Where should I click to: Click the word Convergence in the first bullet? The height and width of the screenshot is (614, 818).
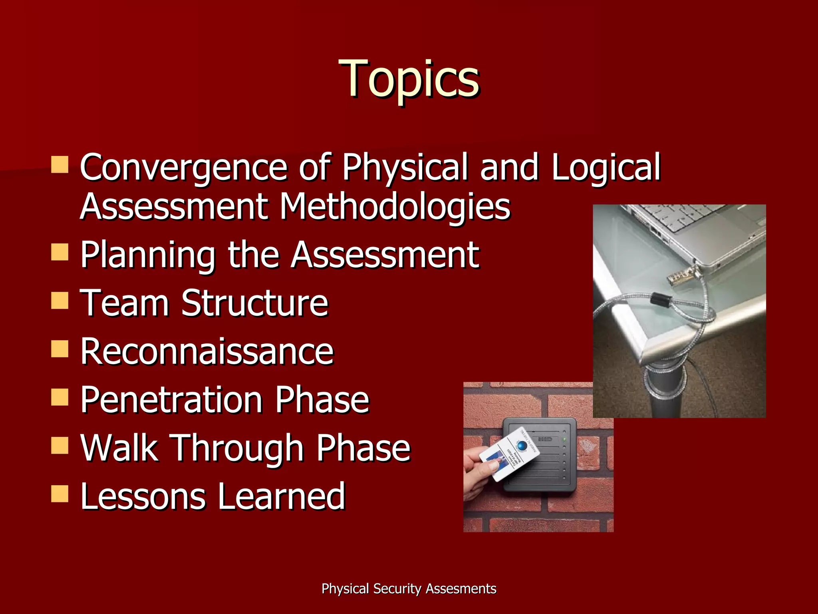[x=183, y=167]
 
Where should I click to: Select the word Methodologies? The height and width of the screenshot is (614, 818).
[x=395, y=207]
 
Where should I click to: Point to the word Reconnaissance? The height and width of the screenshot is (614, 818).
[x=206, y=351]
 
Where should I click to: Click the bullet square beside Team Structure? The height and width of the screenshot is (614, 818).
[x=60, y=301]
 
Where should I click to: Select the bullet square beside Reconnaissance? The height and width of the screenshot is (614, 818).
[x=60, y=349]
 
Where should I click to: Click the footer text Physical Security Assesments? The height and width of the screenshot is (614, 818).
[x=409, y=589]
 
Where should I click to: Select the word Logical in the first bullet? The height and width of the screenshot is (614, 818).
[x=606, y=167]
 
